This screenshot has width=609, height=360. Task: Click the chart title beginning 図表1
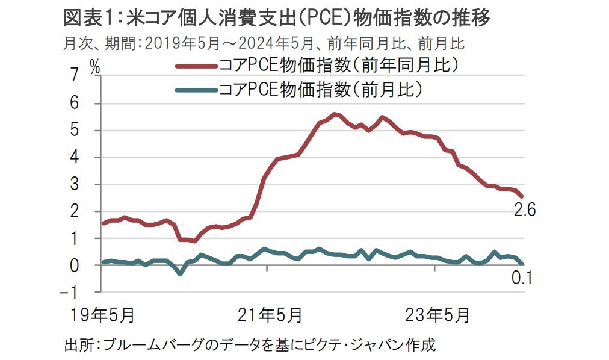click(x=277, y=19)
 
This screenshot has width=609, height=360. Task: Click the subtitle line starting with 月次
click(x=265, y=44)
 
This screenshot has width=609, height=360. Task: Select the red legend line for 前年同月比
click(x=196, y=64)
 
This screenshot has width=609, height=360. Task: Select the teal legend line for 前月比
click(x=196, y=90)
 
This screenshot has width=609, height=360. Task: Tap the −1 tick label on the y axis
click(x=70, y=293)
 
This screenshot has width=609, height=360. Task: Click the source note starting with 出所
click(x=249, y=345)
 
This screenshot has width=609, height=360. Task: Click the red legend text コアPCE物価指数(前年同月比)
click(x=339, y=64)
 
